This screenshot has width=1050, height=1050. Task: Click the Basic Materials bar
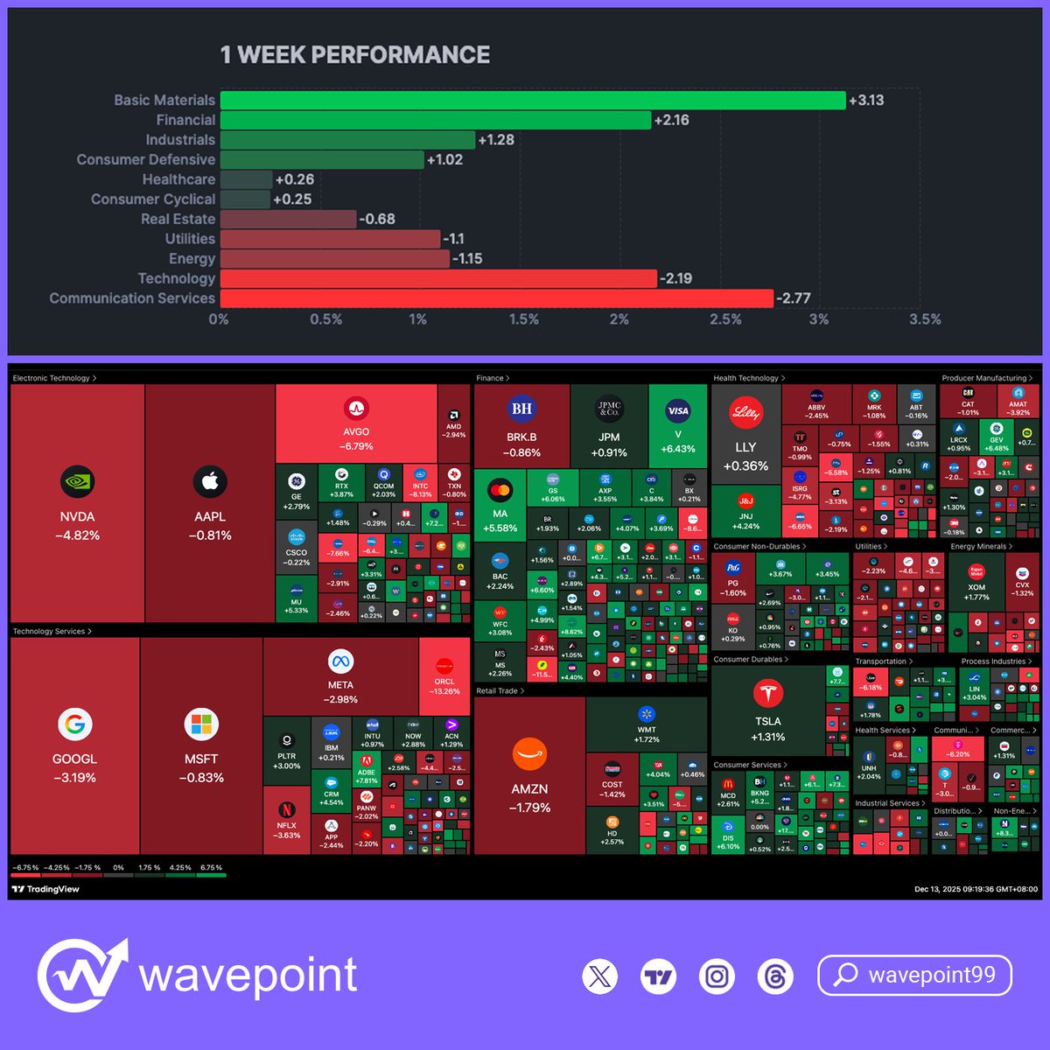[532, 101]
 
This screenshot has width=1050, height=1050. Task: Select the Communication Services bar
[496, 298]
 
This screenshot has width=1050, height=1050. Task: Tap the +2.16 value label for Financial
[672, 121]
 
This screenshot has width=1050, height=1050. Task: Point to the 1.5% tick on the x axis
[524, 319]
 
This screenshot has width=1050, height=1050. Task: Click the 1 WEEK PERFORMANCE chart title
[354, 55]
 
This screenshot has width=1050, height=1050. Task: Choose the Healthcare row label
[178, 179]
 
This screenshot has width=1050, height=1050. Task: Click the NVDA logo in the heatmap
[77, 481]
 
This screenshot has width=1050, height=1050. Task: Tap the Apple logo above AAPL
[210, 481]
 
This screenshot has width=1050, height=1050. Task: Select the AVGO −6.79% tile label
[356, 438]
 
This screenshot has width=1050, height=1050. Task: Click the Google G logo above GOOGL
[74, 724]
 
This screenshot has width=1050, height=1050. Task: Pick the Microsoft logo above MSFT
[201, 724]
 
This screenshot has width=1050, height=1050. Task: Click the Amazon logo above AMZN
[529, 754]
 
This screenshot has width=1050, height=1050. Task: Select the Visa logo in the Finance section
[678, 410]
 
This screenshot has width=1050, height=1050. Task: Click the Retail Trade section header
[500, 691]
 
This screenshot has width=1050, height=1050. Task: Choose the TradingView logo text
[45, 889]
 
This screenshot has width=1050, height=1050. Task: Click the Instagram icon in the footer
[717, 976]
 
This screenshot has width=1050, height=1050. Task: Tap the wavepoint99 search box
[914, 976]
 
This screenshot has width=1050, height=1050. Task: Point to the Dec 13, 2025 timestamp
[976, 889]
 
